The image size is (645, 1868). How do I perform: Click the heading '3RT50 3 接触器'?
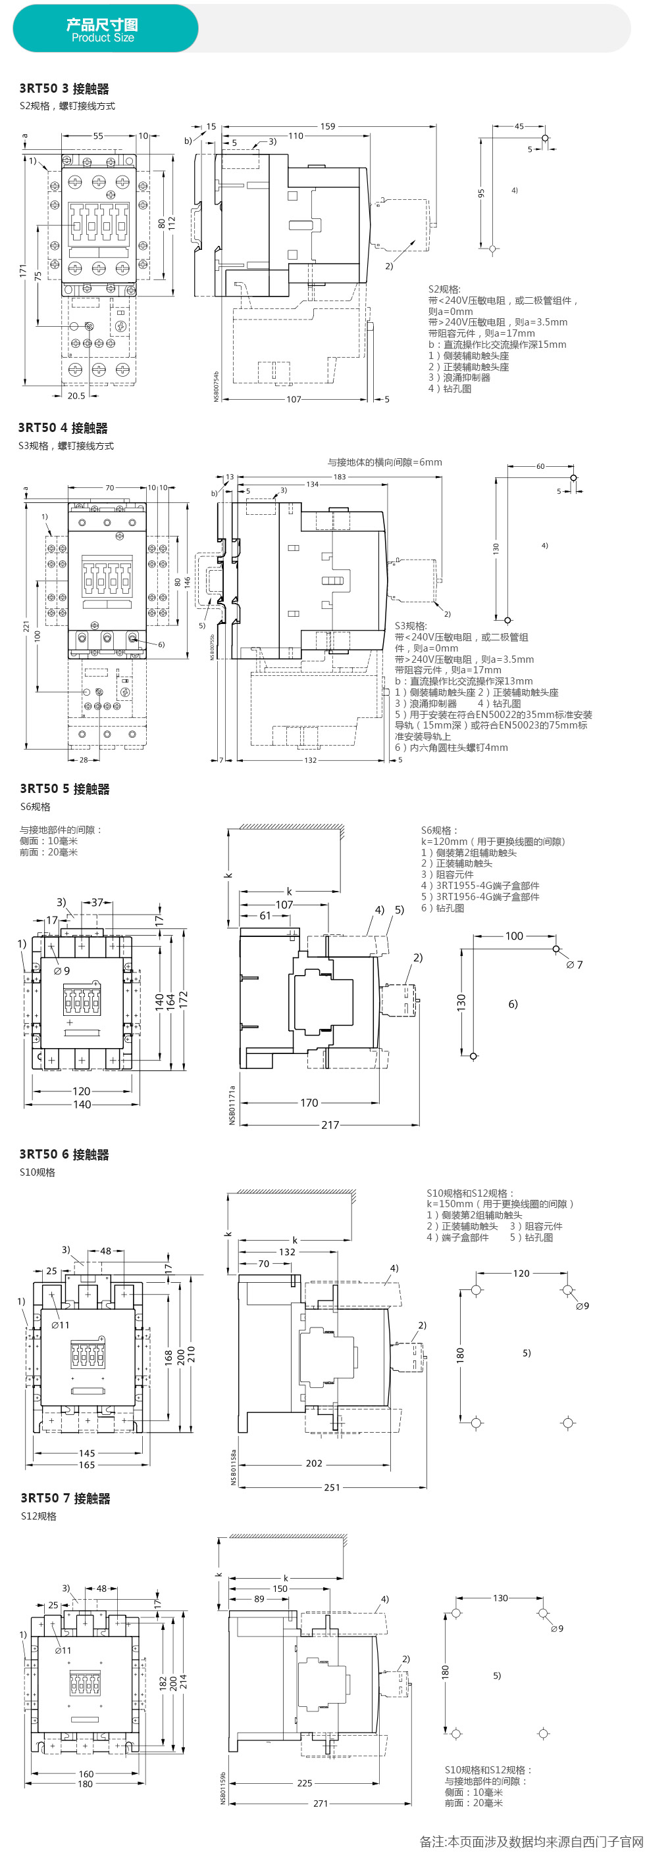click(64, 89)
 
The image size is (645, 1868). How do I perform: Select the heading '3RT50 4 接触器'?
click(63, 428)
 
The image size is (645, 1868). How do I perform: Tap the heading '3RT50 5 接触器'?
click(64, 788)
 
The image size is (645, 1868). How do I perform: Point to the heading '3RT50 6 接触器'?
click(64, 1154)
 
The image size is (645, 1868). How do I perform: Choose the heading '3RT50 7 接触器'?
click(65, 1497)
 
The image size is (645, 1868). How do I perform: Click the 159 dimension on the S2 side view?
click(328, 126)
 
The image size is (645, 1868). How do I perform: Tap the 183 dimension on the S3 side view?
click(340, 477)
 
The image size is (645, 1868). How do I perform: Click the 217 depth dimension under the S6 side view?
click(330, 1125)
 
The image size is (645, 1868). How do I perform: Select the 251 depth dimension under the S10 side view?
click(332, 1487)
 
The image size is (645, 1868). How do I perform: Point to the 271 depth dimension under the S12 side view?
click(321, 1803)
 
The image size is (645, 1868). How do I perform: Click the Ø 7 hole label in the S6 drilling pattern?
click(574, 965)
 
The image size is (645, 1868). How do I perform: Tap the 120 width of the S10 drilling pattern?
click(521, 1273)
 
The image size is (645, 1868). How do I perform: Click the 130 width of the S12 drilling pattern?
click(500, 1598)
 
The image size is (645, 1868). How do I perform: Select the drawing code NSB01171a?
click(232, 1105)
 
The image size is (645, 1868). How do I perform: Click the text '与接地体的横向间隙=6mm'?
click(384, 462)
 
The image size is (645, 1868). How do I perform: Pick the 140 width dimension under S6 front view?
click(82, 1105)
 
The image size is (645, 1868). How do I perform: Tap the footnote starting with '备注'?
click(531, 1841)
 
